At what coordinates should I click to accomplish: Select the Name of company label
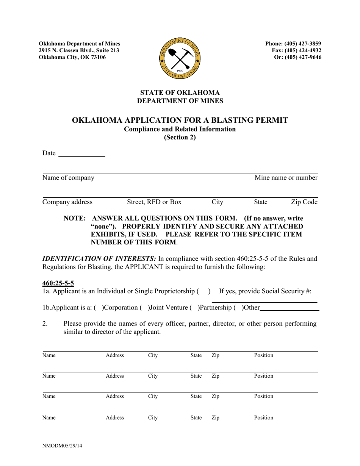tap(68, 178)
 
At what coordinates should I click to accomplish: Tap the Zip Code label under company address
tap(304, 202)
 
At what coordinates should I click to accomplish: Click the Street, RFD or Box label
tap(154, 202)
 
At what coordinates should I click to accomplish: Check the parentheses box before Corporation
tap(100, 308)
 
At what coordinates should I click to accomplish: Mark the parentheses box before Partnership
tap(195, 308)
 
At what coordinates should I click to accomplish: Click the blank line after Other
tap(290, 308)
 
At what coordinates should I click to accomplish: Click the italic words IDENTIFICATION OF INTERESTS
tap(99, 259)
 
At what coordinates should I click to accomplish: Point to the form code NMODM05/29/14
tap(62, 446)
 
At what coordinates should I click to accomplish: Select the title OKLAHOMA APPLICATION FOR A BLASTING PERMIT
tap(180, 120)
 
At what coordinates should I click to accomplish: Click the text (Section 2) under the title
tap(180, 138)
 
